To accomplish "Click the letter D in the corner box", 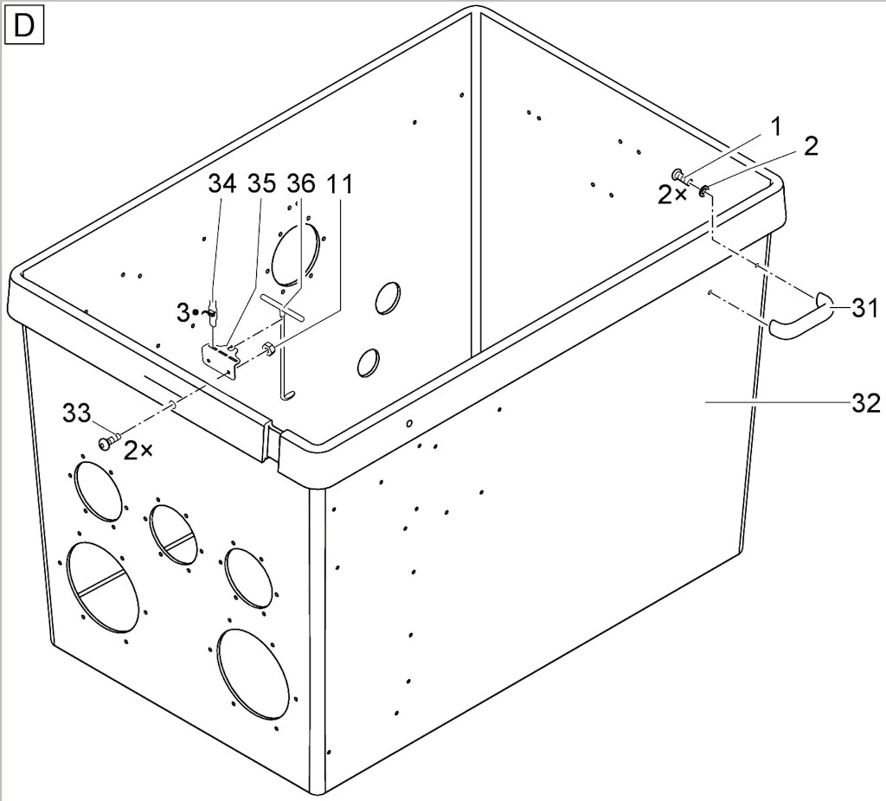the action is pos(23,26).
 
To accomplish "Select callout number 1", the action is pos(776,127).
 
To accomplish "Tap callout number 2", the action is pos(810,147).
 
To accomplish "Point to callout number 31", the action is pos(865,309).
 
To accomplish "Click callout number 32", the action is pos(865,404).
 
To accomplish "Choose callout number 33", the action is pos(76,413).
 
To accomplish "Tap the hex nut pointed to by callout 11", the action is pos(269,349).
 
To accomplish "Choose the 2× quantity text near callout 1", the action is pos(673,195).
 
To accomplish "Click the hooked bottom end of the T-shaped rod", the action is pos(288,394).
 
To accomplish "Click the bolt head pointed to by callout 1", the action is pos(677,174).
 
